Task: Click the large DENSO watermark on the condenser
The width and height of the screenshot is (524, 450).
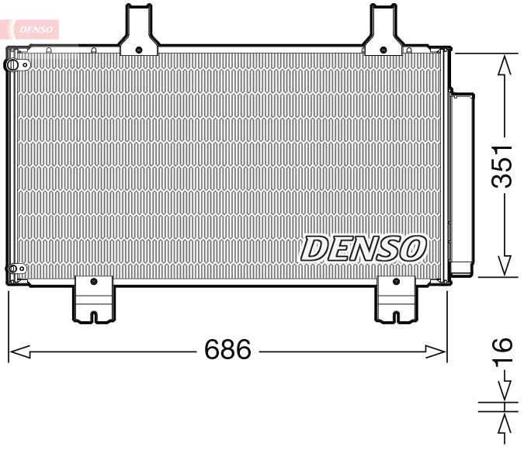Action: click(363, 248)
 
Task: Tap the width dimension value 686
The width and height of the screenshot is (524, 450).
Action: click(227, 350)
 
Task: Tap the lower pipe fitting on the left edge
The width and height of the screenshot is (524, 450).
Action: click(12, 270)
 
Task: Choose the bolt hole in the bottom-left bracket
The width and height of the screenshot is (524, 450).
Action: click(93, 281)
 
